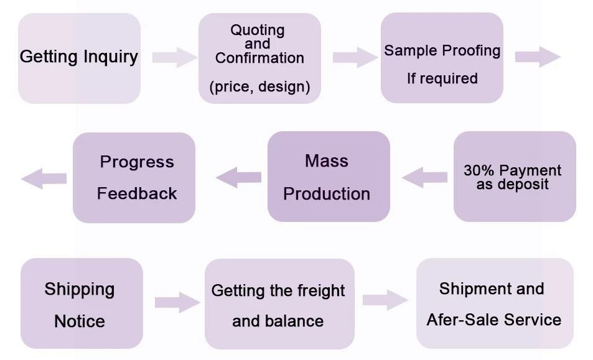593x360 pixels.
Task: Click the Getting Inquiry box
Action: coord(79,58)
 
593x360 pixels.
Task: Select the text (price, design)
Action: coord(259,86)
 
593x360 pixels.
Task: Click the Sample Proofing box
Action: coord(442,58)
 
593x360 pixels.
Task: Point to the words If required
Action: coord(442,79)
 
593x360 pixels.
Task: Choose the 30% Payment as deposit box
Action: coord(514,177)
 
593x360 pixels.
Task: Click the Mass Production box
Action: coord(328,177)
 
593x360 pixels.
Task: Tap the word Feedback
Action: coord(137,193)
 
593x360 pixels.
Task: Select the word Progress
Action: coord(137,162)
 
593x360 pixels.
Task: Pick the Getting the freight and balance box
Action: coord(279,304)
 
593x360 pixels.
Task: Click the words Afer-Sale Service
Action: coord(493,320)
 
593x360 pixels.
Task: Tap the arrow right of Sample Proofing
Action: coord(537,57)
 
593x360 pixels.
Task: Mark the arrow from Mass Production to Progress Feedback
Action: coord(239,177)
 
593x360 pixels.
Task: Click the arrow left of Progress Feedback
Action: coord(44,178)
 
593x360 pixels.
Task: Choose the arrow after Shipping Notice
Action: coord(177,303)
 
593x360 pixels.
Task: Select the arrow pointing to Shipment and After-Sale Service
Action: coord(385,300)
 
